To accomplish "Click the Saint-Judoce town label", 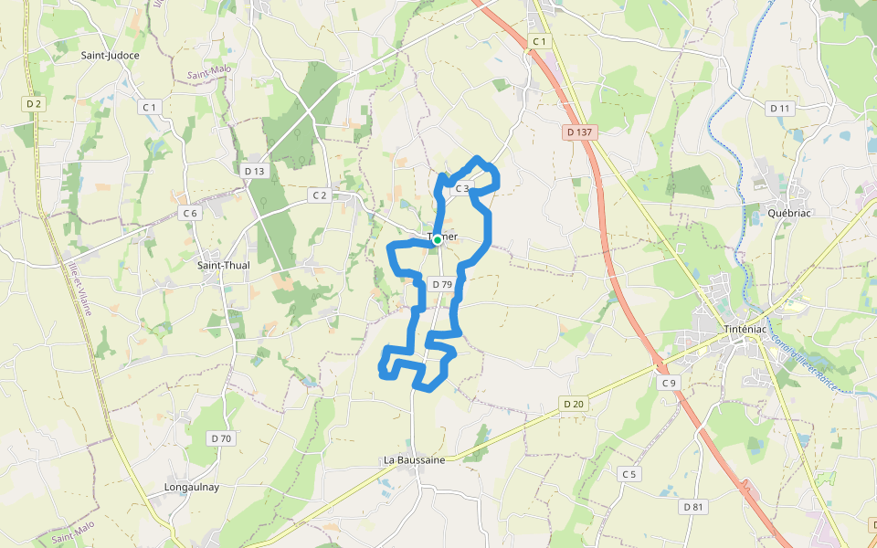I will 111,55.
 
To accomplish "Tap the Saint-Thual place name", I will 224,266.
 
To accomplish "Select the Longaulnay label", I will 191,487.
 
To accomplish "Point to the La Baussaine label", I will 415,460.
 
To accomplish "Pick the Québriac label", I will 790,212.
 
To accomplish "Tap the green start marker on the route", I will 438,239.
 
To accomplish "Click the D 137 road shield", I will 579,132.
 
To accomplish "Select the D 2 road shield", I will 34,104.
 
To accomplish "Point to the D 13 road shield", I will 254,171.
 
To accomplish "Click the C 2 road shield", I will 319,195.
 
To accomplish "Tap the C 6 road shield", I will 189,213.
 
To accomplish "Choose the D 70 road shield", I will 221,438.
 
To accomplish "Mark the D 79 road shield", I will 442,285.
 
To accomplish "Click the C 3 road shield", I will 462,189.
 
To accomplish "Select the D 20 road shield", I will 574,404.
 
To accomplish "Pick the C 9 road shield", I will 670,383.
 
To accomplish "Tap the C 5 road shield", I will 629,474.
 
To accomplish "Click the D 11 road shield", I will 779,109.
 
